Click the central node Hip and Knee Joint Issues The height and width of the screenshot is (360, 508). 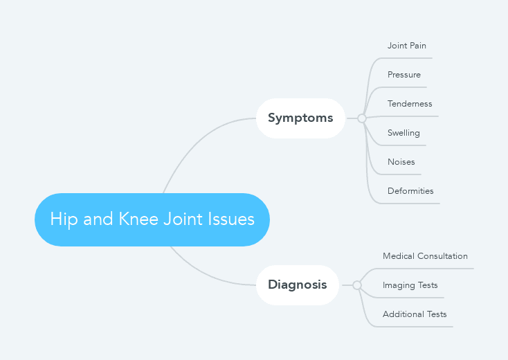coord(152,219)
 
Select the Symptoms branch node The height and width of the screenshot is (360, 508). coord(300,118)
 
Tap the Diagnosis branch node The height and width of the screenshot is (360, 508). coord(297,285)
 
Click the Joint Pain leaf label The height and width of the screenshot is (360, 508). coord(406,46)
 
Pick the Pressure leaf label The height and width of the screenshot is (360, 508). coord(403,75)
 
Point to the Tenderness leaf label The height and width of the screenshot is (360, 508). coord(410,104)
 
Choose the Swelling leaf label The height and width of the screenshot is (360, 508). coord(403,133)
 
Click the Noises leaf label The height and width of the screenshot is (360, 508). coord(401,162)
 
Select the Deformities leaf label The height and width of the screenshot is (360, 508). coord(410,191)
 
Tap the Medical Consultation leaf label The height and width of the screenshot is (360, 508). coord(425,256)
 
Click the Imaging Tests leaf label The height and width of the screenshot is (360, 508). coord(410,285)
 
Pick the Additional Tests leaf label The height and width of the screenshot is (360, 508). coord(415,314)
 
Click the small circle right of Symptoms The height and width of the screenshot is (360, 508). coord(361,118)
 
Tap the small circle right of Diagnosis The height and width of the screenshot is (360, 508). coord(357,285)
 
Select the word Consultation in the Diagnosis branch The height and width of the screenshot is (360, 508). coord(442,256)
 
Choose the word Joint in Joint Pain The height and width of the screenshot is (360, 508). coord(397,46)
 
